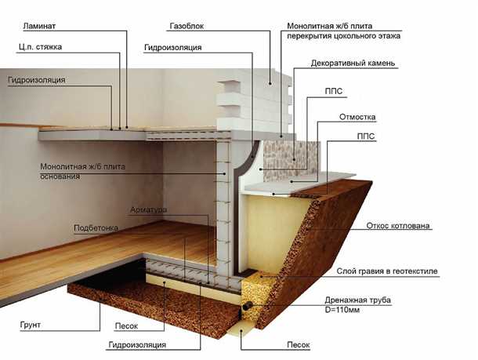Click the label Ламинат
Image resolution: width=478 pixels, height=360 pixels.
pos(39,26)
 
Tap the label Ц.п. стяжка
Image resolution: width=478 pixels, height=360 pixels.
pos(40,47)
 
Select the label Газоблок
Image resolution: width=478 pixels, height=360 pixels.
pos(186,26)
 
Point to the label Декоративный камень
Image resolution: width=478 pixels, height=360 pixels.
pos(353,64)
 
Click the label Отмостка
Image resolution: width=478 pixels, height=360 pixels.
pos(357,117)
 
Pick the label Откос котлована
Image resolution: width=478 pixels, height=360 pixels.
pos(398,226)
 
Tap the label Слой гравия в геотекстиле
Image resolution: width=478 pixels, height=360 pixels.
pos(387,271)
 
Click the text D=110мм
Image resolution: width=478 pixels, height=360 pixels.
pos(342,310)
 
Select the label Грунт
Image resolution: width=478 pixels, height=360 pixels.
pos(31,325)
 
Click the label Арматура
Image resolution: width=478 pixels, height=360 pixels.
pos(148,210)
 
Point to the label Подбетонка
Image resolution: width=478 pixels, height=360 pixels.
pos(96,228)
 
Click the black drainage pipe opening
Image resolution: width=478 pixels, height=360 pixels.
pos(248,304)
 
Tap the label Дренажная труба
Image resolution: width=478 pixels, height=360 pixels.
pos(358,300)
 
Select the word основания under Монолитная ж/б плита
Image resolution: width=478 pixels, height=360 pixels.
pos(60,176)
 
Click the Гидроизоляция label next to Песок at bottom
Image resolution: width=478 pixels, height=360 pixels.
pos(137,345)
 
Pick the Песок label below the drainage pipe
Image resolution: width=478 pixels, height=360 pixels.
pos(298,345)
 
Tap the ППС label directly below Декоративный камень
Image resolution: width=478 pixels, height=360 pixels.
pos(334,91)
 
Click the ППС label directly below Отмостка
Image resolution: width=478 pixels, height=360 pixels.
pos(366,136)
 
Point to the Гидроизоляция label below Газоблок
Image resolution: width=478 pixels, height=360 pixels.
pos(173,48)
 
